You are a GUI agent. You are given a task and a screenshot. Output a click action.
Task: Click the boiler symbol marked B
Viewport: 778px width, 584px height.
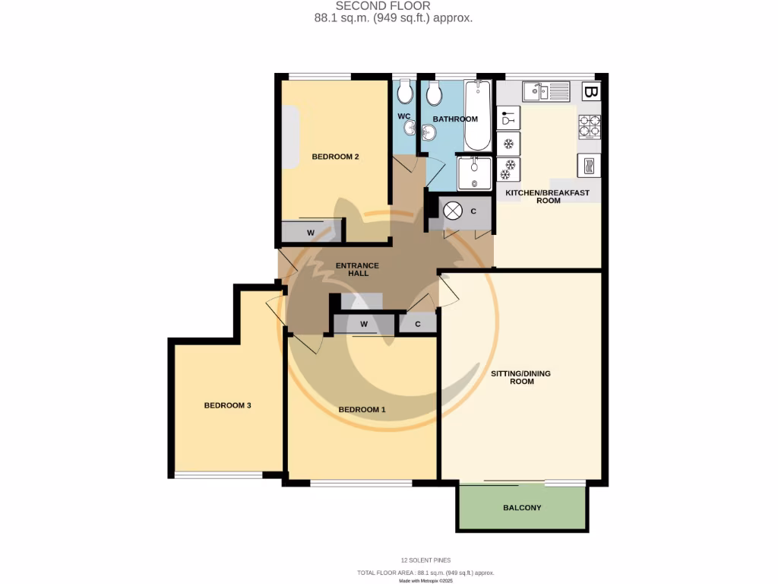click(x=590, y=93)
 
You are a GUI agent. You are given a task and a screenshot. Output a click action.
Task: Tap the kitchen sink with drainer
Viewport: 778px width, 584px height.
click(x=546, y=91)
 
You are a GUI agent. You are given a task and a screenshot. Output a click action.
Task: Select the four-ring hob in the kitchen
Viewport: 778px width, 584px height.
click(x=590, y=125)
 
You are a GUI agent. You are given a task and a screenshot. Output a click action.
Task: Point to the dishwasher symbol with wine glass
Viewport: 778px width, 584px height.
click(x=508, y=119)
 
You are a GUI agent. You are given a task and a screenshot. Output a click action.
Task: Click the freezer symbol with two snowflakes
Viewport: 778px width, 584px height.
click(x=508, y=170)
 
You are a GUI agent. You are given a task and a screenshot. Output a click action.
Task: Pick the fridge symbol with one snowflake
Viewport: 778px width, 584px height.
click(x=508, y=144)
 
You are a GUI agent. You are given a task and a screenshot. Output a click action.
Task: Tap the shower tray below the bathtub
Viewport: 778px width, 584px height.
click(x=475, y=173)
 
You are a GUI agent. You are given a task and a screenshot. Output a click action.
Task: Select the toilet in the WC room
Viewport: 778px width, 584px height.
click(x=406, y=94)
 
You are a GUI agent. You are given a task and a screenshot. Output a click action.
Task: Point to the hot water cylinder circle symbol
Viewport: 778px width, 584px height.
click(x=453, y=211)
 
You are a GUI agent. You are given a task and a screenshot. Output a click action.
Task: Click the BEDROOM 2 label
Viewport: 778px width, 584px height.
click(x=335, y=157)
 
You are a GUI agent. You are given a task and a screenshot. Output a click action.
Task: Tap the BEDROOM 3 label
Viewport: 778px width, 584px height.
click(x=227, y=405)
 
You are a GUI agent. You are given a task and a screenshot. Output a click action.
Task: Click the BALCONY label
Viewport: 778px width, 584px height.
click(x=522, y=507)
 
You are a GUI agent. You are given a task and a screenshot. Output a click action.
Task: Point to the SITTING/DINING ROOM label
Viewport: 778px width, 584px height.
click(x=521, y=377)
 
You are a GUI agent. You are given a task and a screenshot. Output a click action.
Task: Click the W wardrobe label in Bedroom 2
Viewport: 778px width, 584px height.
click(x=311, y=232)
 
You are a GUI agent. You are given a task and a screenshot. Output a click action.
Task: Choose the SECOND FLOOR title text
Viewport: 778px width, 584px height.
click(x=383, y=6)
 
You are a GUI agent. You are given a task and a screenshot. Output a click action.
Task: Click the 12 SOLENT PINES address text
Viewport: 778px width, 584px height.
click(x=425, y=560)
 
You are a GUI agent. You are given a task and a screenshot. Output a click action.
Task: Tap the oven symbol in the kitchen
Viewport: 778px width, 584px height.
click(x=590, y=165)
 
